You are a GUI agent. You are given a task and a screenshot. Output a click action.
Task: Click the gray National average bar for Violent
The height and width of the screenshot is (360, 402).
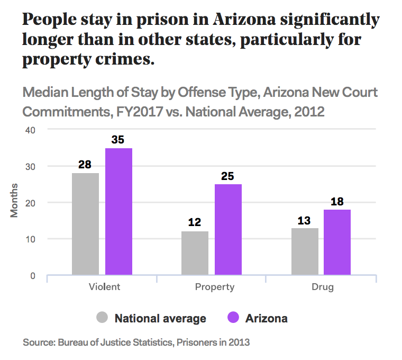pos(85,224)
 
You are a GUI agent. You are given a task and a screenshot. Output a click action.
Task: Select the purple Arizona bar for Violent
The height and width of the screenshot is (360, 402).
pos(118,211)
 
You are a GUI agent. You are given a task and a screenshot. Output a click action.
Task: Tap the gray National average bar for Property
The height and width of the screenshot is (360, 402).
pos(195,253)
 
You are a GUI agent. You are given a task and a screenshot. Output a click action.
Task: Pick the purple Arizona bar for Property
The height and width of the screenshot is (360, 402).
pos(228,229)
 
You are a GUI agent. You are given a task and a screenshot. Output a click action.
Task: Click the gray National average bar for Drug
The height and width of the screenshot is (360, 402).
pos(305,251)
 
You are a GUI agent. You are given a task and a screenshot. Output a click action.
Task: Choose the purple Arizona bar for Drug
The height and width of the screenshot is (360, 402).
pos(337,242)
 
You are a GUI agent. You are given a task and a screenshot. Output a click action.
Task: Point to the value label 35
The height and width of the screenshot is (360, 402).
pos(118,140)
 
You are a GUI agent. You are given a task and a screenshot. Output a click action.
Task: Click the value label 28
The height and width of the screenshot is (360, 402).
pos(85,165)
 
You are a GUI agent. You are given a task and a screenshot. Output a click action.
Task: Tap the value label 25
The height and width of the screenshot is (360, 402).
pos(228,176)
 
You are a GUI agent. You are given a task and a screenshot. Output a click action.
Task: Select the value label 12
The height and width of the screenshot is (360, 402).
pos(195,222)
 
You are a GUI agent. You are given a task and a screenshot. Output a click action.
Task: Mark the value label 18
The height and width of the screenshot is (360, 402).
pos(337,202)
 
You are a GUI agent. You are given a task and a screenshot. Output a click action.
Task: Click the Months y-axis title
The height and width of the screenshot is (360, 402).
pos(14,200)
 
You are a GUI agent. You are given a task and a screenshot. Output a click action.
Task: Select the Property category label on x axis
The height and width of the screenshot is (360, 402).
pos(214,287)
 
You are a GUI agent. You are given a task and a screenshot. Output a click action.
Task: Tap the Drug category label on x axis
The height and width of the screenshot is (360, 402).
pos(323,287)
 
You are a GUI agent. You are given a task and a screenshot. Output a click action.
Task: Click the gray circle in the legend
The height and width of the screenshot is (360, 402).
pos(103,318)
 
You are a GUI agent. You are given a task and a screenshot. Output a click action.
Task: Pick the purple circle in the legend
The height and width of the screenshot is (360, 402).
pos(233,318)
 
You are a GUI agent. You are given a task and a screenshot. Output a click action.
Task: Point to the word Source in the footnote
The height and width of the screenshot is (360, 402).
pos(38,343)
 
